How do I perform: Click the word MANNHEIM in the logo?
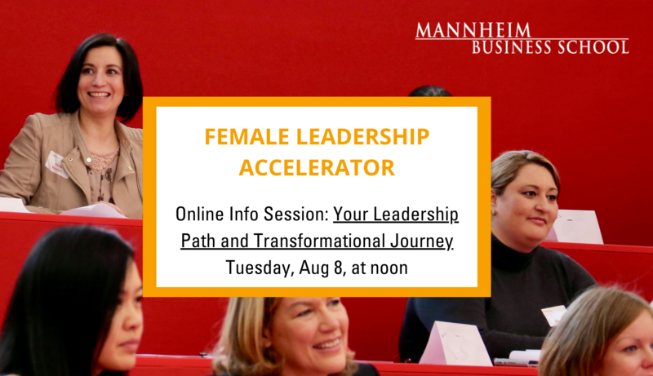pyautogui.click(x=473, y=30)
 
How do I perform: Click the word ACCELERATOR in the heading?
pyautogui.click(x=317, y=168)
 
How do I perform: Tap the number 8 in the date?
pyautogui.click(x=338, y=268)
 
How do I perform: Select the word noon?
pyautogui.click(x=389, y=268)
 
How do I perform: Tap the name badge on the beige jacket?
pyautogui.click(x=56, y=165)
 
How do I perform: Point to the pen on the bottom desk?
pyautogui.click(x=515, y=362)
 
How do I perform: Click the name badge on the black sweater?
pyautogui.click(x=554, y=315)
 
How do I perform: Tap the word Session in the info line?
pyautogui.click(x=296, y=215)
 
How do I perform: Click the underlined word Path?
pyautogui.click(x=198, y=241)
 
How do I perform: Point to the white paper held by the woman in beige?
pyautogui.click(x=94, y=210)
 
